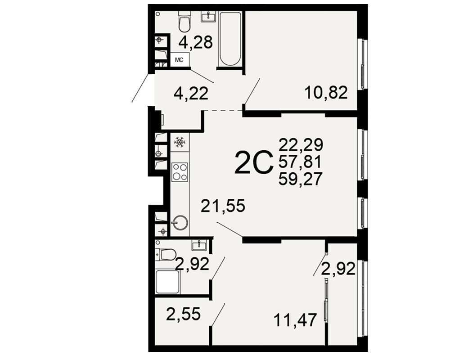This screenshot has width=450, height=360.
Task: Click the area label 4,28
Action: (195, 42)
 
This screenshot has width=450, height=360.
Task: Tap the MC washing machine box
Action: (180, 60)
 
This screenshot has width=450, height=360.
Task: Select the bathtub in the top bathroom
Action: (229, 39)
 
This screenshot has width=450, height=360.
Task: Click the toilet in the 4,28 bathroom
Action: (184, 22)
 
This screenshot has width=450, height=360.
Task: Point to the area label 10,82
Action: (326, 92)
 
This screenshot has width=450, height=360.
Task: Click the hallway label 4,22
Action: (191, 94)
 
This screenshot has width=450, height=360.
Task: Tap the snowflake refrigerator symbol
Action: (180, 142)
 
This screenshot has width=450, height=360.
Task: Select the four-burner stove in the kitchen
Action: (180, 172)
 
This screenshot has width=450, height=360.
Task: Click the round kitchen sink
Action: (180, 222)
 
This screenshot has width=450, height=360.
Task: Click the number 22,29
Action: (301, 144)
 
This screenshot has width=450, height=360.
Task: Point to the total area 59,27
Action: (301, 179)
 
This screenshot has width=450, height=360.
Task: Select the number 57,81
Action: (300, 162)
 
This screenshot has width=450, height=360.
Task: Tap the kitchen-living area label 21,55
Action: (223, 206)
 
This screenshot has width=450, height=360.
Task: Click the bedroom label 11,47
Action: (296, 320)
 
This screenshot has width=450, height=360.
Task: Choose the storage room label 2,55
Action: (184, 314)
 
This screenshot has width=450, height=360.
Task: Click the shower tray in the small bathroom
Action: (168, 282)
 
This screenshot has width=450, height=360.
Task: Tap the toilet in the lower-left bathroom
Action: (166, 254)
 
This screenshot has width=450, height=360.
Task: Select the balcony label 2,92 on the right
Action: (338, 269)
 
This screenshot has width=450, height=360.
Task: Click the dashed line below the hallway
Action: (223, 110)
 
